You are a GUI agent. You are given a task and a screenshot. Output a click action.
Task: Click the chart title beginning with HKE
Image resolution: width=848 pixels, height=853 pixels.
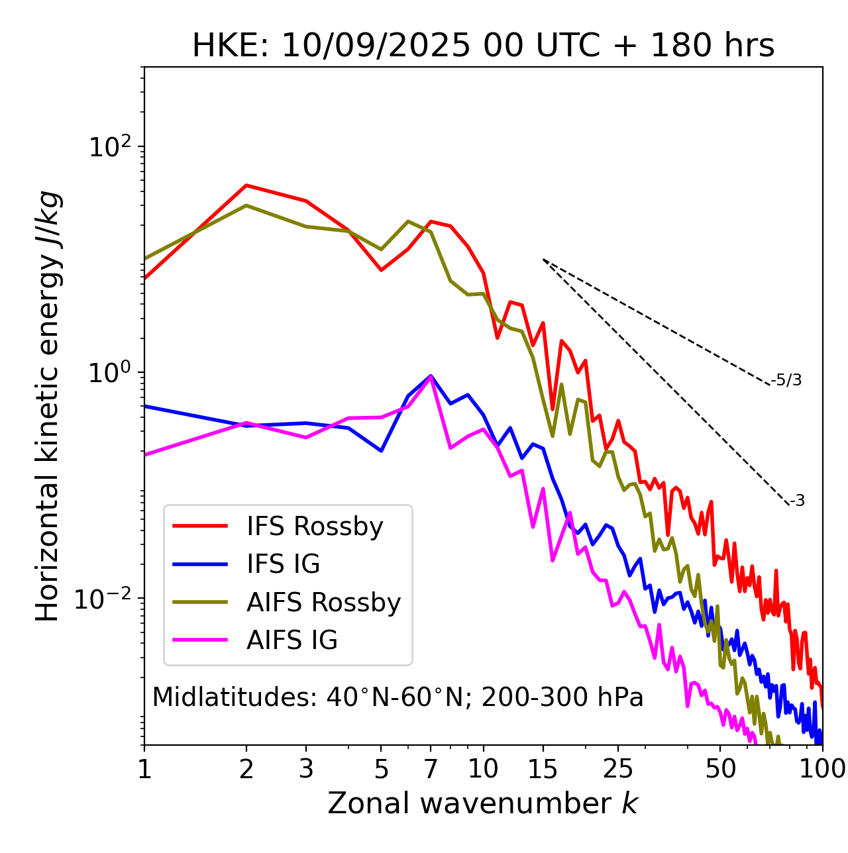[x=483, y=46]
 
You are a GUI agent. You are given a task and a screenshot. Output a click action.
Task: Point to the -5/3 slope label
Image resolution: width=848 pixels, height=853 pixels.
[x=786, y=380]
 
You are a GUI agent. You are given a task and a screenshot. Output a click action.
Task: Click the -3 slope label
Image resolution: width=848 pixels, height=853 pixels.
[x=797, y=501]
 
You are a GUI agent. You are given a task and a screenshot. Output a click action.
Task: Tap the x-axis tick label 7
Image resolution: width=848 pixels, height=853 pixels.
[x=431, y=770]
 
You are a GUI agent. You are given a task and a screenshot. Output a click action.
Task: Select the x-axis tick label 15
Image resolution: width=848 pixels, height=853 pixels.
[x=543, y=770]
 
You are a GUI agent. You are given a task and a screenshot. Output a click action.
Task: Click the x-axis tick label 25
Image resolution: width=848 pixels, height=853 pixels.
[x=618, y=770]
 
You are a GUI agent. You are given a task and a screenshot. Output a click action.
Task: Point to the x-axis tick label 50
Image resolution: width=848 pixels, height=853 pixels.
[x=720, y=770]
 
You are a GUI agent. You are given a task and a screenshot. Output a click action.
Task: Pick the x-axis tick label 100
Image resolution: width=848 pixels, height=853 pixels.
[x=821, y=770]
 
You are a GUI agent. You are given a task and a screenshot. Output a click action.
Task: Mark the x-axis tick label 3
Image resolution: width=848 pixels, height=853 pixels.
[x=305, y=770]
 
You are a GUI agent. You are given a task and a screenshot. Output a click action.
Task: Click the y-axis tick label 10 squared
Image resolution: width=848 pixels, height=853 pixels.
[x=111, y=147]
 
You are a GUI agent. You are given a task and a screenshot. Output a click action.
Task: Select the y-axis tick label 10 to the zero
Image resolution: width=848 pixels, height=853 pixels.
[x=111, y=373]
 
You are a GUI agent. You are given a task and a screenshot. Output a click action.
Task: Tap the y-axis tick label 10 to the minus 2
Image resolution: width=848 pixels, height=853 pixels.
[x=106, y=599]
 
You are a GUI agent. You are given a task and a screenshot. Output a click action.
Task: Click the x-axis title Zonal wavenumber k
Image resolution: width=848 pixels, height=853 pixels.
[x=483, y=804]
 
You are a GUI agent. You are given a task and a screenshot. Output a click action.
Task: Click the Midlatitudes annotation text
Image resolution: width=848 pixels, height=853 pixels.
[x=397, y=697]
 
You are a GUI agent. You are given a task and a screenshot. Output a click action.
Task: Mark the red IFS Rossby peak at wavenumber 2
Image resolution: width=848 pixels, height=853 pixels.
[x=246, y=185]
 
